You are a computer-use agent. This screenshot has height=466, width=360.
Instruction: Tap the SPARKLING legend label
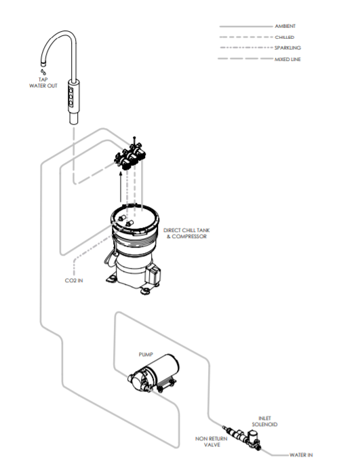coord(287,48)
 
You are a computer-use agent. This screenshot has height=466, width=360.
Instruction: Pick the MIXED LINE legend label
coord(288,60)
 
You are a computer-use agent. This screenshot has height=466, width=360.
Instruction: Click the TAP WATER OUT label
coord(43,83)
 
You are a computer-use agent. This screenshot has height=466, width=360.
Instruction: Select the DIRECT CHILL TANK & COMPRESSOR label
coord(185,233)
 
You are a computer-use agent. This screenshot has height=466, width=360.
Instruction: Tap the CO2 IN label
coord(74,279)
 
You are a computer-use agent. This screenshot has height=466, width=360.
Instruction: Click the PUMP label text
coord(146,354)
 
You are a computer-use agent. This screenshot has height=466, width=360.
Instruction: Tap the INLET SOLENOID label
coord(268,421)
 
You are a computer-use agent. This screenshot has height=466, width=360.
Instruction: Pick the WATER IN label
coord(300,455)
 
